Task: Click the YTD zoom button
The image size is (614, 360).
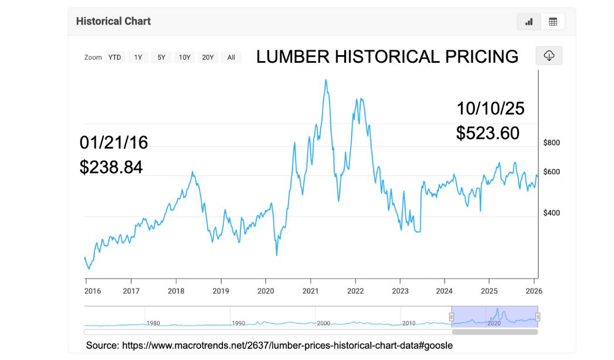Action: coord(114,57)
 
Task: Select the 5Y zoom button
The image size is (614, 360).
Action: coord(161,57)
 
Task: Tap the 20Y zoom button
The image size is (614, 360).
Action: coord(208,57)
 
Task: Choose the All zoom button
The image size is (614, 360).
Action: coord(231,57)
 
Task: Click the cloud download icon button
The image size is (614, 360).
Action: coord(549,56)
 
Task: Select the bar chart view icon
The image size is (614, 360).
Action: coord(529,22)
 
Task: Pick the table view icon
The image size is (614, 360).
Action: coord(552,22)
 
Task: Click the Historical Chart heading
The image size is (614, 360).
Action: coord(113,21)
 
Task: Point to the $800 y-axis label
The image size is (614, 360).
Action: coord(552,142)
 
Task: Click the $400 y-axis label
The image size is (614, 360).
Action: coord(552,213)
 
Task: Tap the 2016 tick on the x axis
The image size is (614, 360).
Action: coord(87,291)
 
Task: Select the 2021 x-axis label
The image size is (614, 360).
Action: coord(311,291)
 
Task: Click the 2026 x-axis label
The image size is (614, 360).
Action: coord(534,291)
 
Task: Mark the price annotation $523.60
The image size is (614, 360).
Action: coord(488,133)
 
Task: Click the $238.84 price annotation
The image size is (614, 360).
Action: coord(111,167)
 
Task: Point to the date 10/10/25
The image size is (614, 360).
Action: coord(490,108)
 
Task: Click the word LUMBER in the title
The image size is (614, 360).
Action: coord(291,57)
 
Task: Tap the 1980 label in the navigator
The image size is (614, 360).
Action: coord(154,323)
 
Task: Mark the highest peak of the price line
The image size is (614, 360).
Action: coord(325,80)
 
